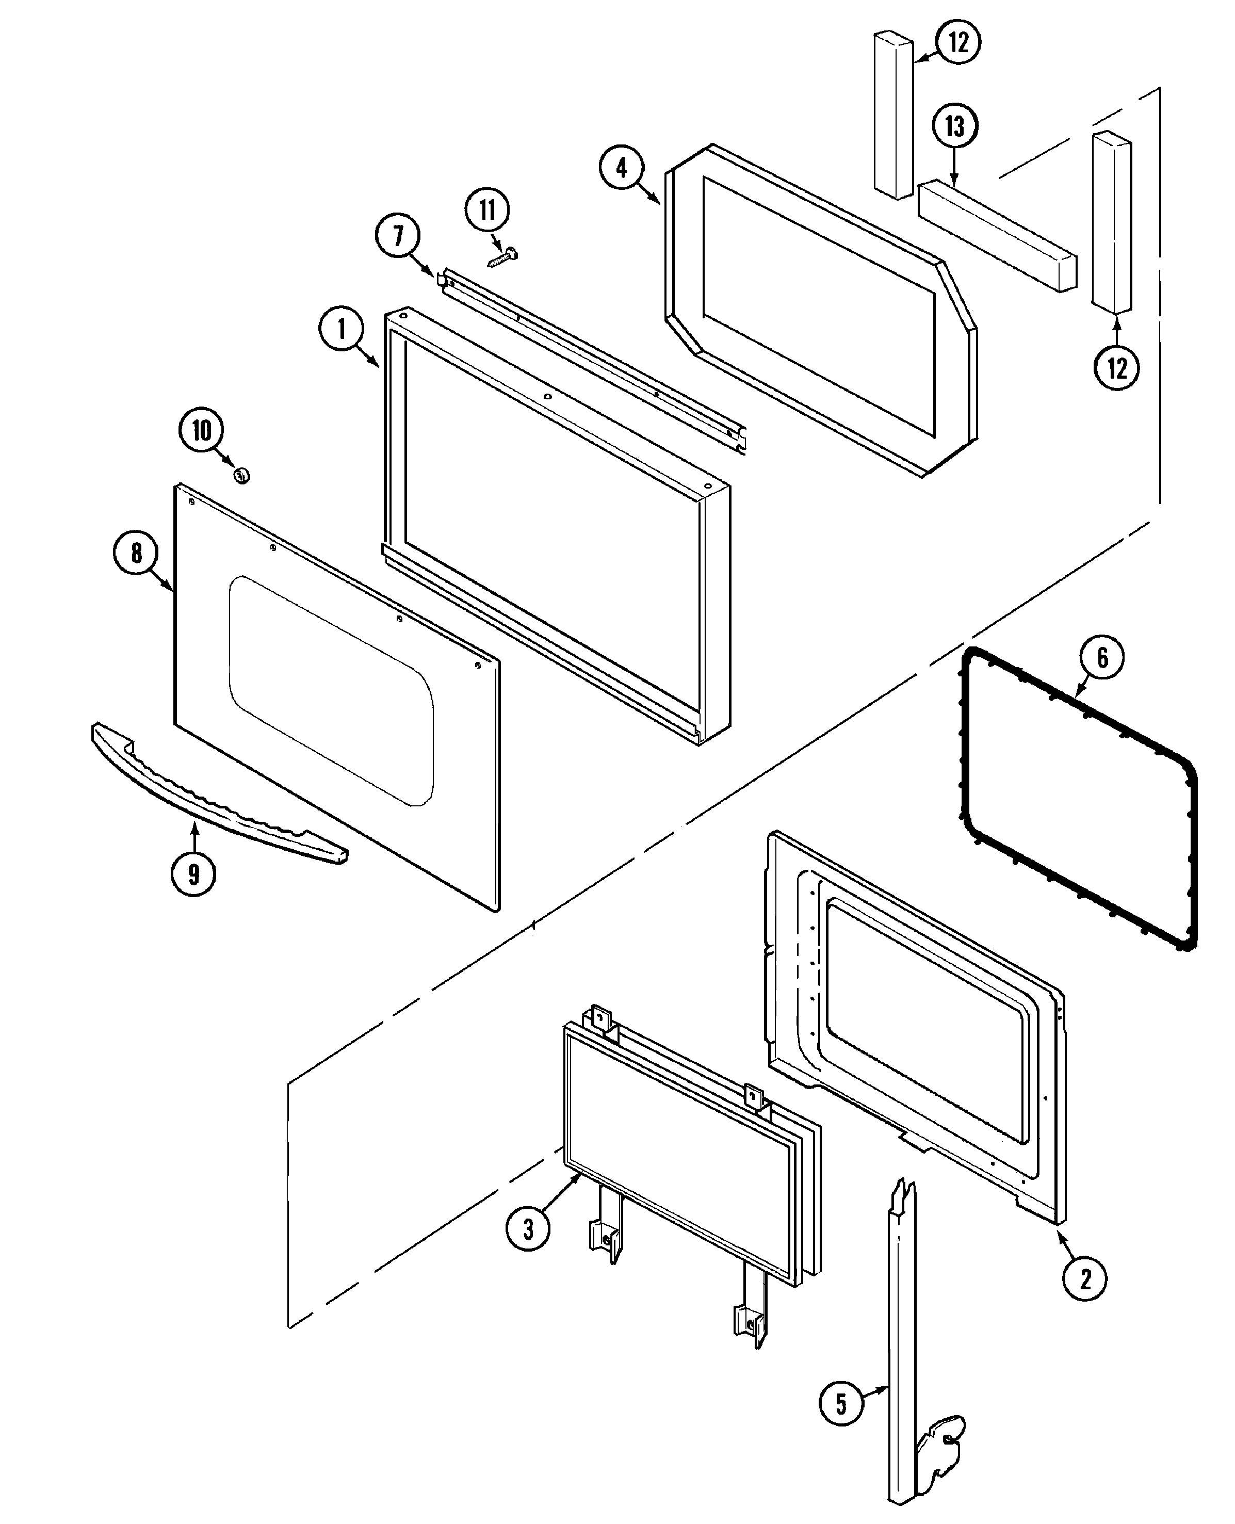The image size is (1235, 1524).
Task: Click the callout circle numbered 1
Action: click(341, 330)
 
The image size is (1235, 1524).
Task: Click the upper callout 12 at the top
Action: click(958, 43)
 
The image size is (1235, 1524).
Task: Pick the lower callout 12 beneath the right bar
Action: click(1116, 368)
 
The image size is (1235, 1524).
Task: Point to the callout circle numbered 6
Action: click(1101, 657)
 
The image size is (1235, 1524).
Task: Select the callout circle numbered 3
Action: click(528, 1229)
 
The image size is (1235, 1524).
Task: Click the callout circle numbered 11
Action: click(488, 210)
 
